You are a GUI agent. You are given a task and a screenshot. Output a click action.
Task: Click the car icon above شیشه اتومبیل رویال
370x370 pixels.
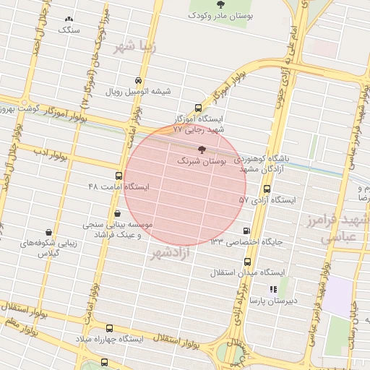138,80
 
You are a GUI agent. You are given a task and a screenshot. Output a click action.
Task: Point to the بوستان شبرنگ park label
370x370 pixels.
226,163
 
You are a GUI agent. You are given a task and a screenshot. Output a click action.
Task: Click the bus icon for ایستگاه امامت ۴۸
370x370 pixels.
119,176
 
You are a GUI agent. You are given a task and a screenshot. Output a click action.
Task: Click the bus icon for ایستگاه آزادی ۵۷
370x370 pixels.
267,189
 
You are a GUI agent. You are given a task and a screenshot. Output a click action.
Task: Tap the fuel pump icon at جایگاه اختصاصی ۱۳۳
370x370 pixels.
247,231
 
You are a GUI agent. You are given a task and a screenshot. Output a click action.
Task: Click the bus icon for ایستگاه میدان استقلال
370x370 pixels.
248,262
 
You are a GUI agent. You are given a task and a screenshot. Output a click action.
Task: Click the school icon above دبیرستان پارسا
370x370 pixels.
272,289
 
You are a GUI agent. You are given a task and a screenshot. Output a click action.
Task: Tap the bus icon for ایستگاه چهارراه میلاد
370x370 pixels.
110,328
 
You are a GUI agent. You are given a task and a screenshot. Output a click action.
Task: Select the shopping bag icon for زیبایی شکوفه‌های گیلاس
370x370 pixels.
48,233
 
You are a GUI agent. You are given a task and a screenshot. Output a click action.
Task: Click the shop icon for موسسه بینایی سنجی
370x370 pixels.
117,213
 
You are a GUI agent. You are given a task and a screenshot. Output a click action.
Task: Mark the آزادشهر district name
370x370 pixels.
171,253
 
